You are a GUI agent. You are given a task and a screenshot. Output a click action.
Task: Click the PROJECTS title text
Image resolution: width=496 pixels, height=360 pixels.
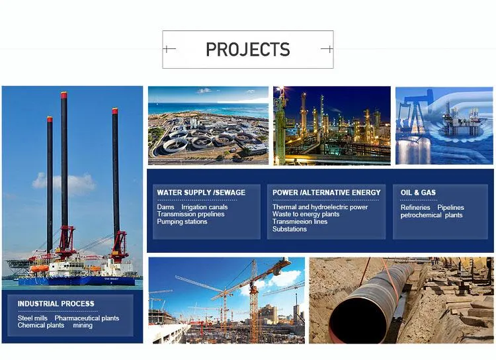tap(247, 50)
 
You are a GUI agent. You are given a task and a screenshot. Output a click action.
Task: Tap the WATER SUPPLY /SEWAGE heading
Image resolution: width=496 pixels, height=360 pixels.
tap(201, 193)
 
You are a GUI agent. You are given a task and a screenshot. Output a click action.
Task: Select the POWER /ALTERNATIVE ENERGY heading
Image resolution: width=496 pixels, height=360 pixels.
tap(327, 193)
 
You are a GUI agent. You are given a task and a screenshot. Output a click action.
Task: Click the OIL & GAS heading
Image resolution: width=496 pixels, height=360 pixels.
tap(418, 193)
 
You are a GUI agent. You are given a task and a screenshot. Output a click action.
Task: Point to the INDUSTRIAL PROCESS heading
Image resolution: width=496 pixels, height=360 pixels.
tap(56, 304)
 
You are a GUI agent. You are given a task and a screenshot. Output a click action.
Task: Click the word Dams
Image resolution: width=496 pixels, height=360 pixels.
tap(165, 207)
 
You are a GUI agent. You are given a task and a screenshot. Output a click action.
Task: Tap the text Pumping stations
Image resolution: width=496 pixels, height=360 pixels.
tap(182, 222)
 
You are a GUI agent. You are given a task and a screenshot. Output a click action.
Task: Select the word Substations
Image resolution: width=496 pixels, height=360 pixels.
tap(290, 229)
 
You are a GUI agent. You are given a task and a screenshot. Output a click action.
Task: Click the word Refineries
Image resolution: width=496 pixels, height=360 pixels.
tap(415, 208)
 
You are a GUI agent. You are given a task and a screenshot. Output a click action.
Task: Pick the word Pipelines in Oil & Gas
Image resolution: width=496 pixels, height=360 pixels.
tap(450, 208)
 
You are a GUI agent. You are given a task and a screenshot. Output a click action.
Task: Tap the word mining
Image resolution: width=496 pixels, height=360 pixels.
tap(83, 326)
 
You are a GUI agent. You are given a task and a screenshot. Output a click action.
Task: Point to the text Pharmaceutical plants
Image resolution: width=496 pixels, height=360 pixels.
tap(87, 318)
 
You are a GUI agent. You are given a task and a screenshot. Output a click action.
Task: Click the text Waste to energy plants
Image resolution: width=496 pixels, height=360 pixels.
tap(306, 214)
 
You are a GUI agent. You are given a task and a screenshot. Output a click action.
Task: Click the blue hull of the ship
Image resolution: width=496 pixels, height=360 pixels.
tap(79, 280)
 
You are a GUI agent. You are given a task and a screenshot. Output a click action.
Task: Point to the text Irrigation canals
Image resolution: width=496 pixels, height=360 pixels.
tap(204, 207)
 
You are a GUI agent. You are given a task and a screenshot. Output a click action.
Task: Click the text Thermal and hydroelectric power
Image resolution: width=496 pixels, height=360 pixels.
tap(320, 207)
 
